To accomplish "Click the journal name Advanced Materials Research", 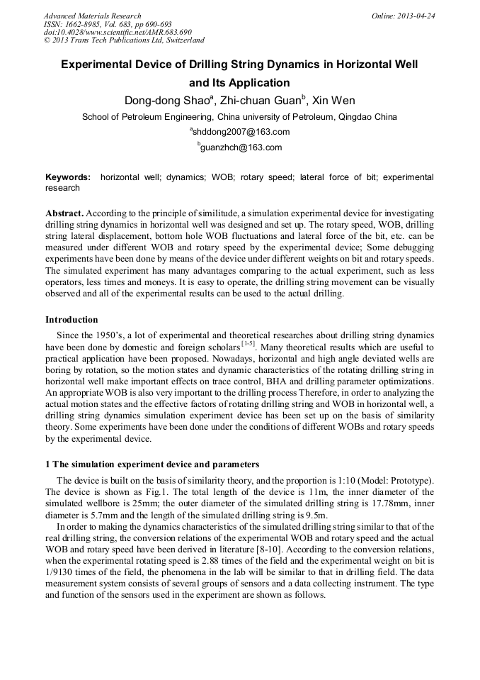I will (92, 16).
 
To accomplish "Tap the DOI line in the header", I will (118, 32).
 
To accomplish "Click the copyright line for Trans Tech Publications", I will (123, 40).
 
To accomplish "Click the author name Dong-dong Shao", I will (166, 100).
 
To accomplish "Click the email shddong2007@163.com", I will (241, 132).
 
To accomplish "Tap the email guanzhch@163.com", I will (241, 147).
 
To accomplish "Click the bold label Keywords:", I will (68, 177).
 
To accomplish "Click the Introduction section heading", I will (72, 320).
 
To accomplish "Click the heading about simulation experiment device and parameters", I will (147, 464).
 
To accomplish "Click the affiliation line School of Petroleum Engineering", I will (240, 116).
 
